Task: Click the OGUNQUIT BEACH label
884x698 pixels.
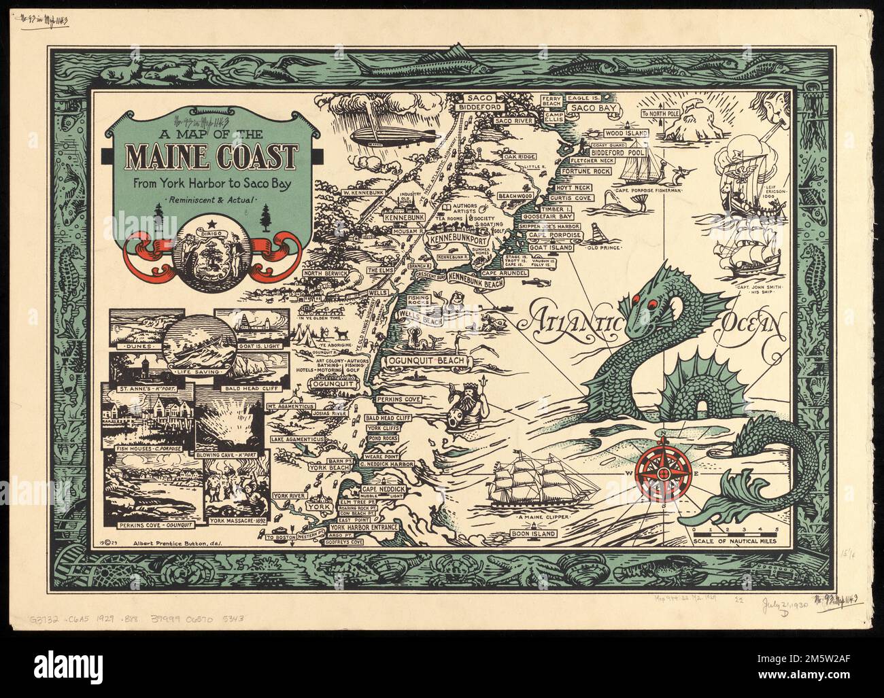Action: (x=427, y=360)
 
